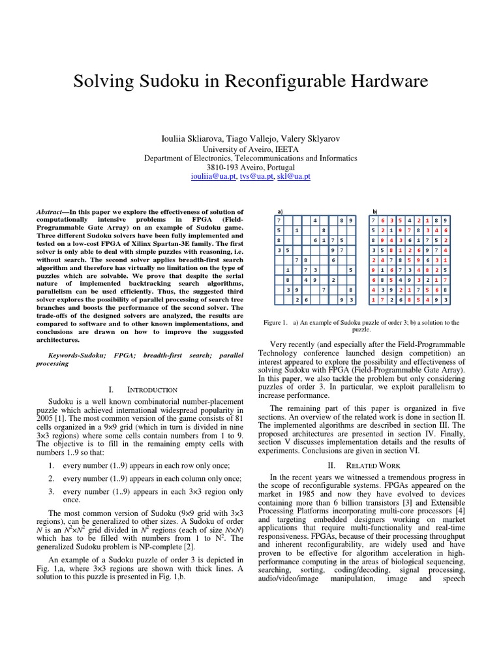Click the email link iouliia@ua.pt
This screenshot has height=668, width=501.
click(213, 176)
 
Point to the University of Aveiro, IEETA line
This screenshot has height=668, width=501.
click(250, 149)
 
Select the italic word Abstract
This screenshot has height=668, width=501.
click(50, 212)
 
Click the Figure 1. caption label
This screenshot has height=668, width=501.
click(275, 322)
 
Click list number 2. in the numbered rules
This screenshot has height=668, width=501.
click(52, 478)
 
